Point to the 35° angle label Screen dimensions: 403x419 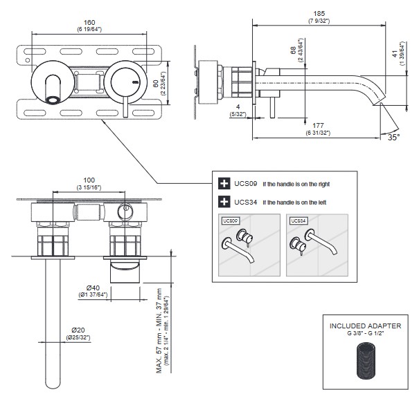tap(393, 137)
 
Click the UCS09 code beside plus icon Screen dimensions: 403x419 tap(247, 184)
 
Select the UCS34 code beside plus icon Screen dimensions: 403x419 tap(247, 203)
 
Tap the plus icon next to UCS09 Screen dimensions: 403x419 tap(224, 184)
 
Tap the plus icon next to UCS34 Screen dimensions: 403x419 tap(224, 203)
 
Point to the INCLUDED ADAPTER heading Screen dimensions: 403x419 tap(366, 326)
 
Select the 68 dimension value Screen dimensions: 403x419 tap(293, 50)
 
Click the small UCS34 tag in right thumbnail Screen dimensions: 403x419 tap(296, 221)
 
